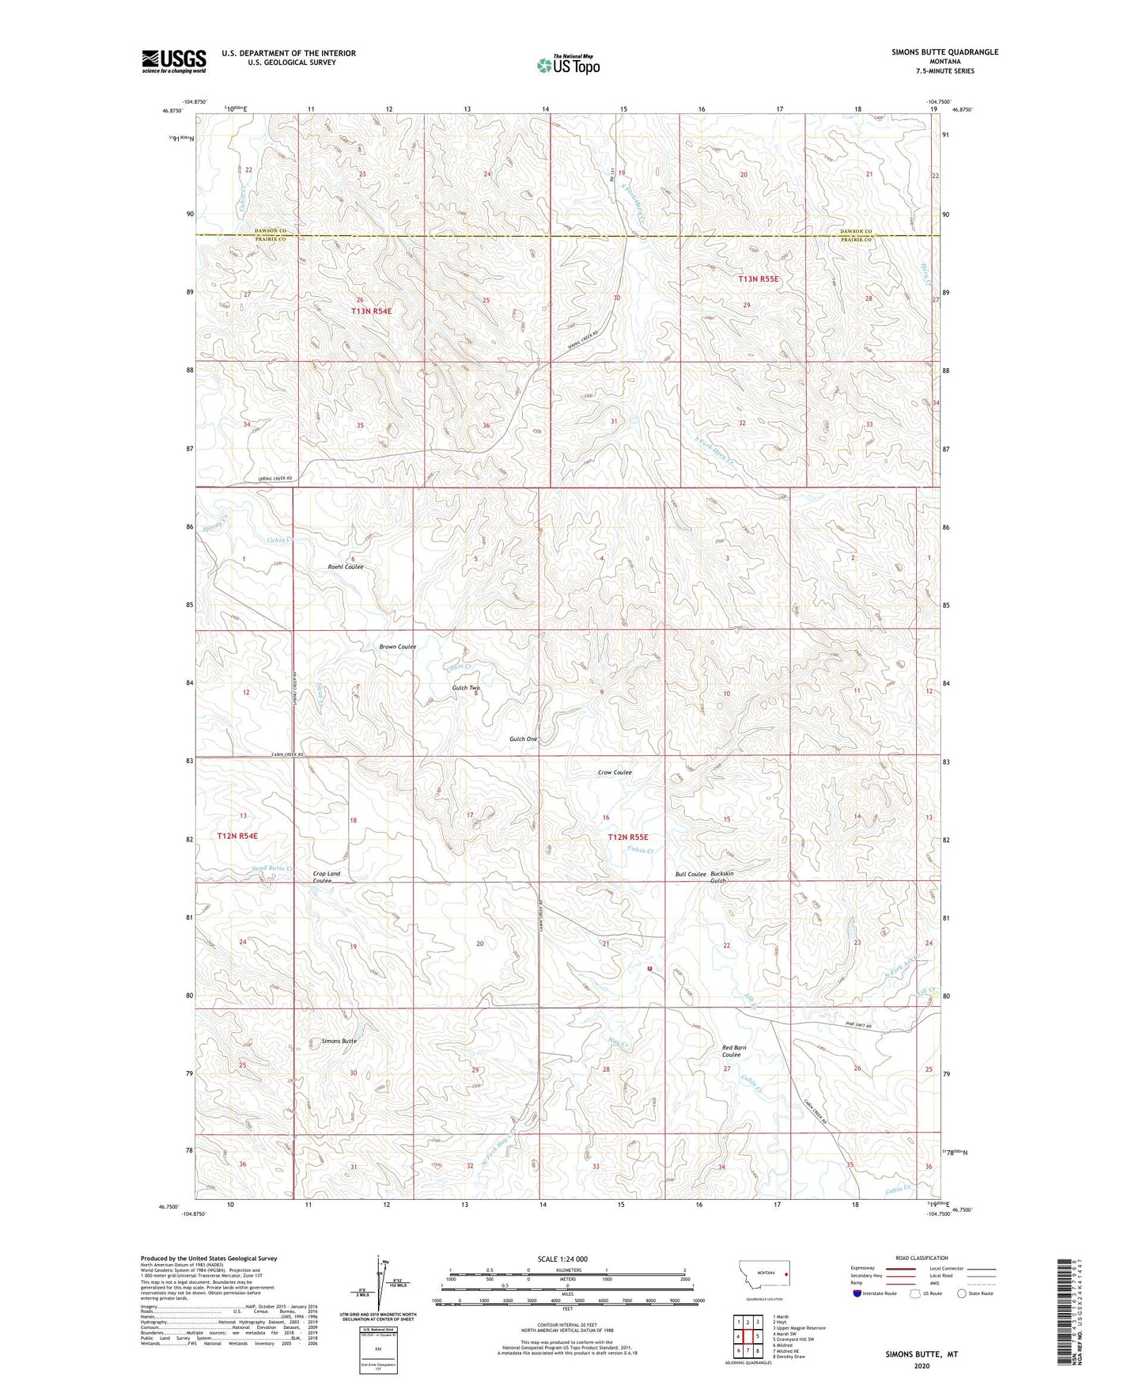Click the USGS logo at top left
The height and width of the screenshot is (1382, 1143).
point(173,61)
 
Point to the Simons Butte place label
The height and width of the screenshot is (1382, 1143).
point(339,1041)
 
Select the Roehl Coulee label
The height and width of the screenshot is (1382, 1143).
point(345,567)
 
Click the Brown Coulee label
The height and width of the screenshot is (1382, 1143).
point(397,647)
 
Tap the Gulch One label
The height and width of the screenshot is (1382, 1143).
point(523,738)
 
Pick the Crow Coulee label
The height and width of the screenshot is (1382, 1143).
point(615,772)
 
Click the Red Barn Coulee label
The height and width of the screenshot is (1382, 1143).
point(733,1051)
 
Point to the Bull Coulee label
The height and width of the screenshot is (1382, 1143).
point(690,875)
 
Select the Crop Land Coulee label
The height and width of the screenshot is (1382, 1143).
point(326,877)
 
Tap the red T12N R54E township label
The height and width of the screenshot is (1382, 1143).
point(237,836)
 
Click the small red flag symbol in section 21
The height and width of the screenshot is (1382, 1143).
point(649,967)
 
